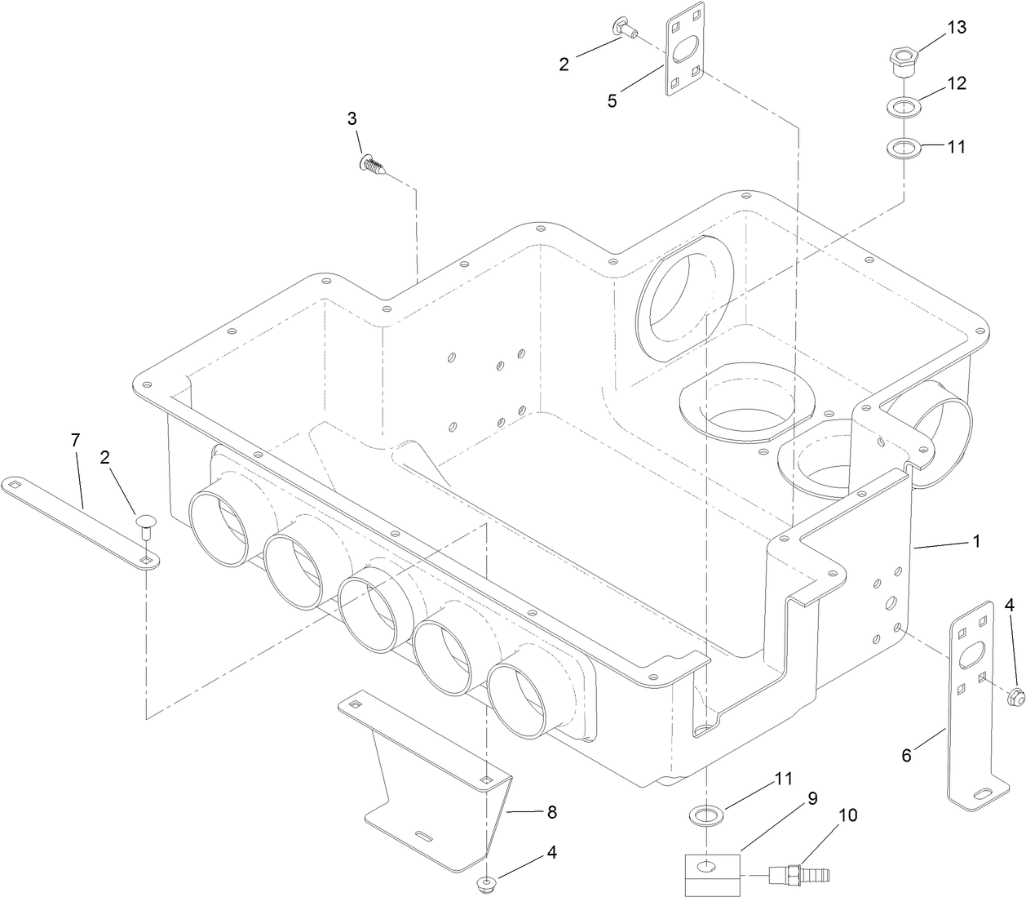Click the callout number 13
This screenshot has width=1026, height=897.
[956, 28]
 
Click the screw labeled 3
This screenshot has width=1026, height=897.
[371, 166]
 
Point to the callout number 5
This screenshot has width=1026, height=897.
[612, 100]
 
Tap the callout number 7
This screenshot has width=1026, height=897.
[75, 440]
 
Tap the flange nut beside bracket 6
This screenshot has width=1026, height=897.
[1015, 696]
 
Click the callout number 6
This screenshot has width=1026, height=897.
[907, 756]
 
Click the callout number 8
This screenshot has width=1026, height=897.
[551, 812]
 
